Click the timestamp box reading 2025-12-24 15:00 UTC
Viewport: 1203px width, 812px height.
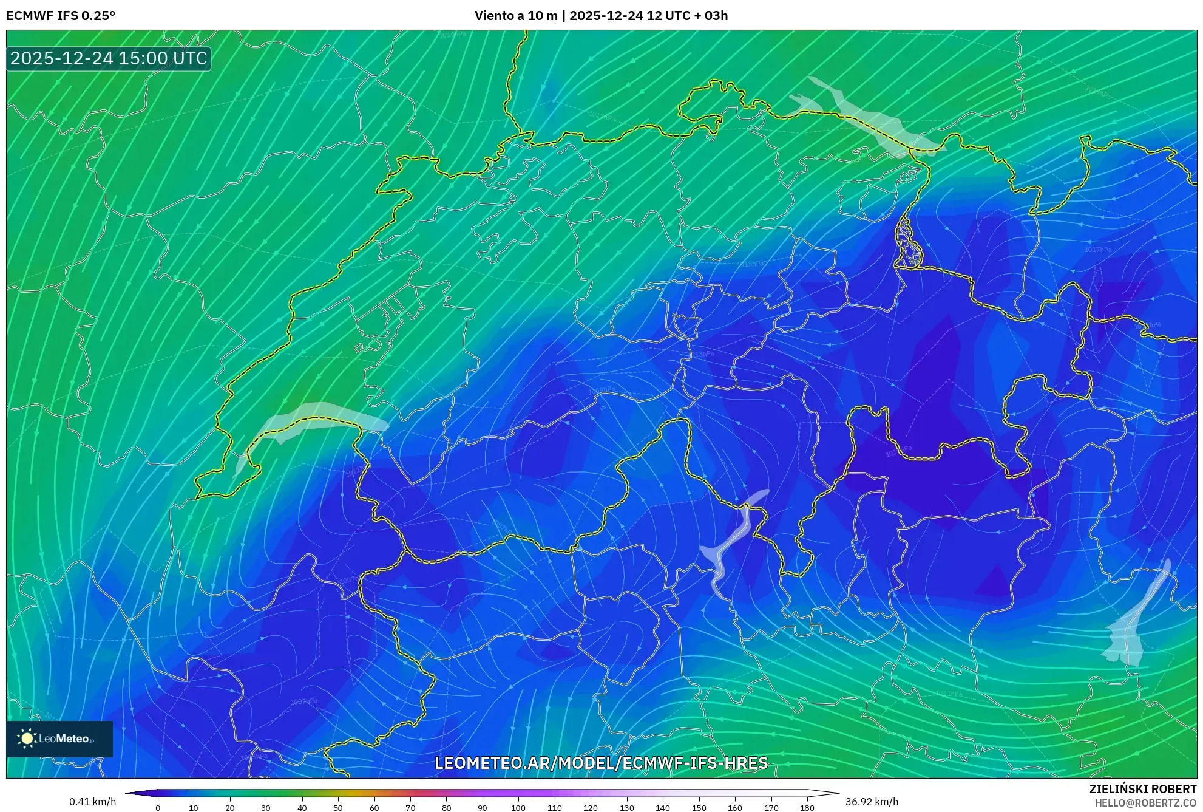(x=109, y=58)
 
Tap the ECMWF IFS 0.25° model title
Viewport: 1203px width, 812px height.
(x=61, y=16)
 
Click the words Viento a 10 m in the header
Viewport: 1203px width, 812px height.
(x=515, y=16)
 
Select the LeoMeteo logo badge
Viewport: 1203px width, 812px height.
(x=59, y=739)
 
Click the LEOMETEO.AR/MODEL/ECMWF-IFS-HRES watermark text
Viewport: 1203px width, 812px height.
(x=601, y=763)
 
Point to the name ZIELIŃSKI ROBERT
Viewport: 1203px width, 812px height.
(x=1142, y=789)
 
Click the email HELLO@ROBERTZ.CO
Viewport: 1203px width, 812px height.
(x=1145, y=803)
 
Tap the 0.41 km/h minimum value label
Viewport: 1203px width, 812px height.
(x=92, y=802)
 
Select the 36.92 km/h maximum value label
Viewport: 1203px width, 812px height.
(x=872, y=802)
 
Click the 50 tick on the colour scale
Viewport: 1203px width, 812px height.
(x=338, y=807)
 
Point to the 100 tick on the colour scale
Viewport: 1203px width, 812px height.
(x=518, y=807)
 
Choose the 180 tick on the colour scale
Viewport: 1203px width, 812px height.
(x=807, y=807)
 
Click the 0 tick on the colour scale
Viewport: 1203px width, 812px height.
(x=158, y=807)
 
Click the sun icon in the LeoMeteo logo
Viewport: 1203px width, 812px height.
(x=27, y=739)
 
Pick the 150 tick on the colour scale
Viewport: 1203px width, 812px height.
(x=699, y=807)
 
